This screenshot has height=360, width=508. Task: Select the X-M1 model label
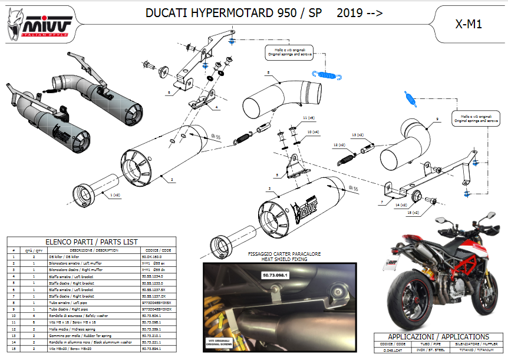(x=470, y=25)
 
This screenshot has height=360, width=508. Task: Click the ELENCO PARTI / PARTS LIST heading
(x=91, y=242)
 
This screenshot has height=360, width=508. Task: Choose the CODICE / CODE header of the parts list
(x=156, y=250)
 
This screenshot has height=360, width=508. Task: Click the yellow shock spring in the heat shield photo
(x=221, y=324)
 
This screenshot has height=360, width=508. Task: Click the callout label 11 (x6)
(x=308, y=118)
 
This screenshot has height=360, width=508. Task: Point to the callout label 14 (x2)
(x=403, y=204)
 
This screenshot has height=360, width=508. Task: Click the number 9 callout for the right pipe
(x=437, y=120)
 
